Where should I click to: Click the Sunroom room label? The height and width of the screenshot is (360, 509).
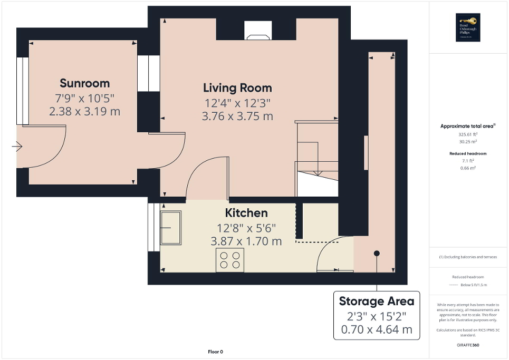point(84,83)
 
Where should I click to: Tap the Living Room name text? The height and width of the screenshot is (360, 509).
point(237,87)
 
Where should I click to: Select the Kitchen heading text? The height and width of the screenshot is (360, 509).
point(246,213)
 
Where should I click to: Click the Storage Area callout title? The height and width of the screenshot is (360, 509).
point(376,301)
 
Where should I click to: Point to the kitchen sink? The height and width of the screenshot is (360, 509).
point(171,228)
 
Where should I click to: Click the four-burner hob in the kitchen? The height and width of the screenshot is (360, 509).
point(230,260)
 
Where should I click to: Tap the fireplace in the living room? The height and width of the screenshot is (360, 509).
point(258,31)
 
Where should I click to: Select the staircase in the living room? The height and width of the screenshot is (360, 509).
point(316,158)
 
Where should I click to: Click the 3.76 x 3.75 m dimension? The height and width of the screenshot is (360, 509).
point(237,116)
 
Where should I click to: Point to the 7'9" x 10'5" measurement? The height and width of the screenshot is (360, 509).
point(84,98)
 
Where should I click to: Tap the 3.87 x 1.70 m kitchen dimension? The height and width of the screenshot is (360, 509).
point(246,241)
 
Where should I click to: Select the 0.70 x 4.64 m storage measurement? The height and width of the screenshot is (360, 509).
point(376,330)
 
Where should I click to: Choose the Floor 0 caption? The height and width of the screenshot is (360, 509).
point(215,352)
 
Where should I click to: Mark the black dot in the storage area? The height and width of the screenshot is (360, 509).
point(377,254)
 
